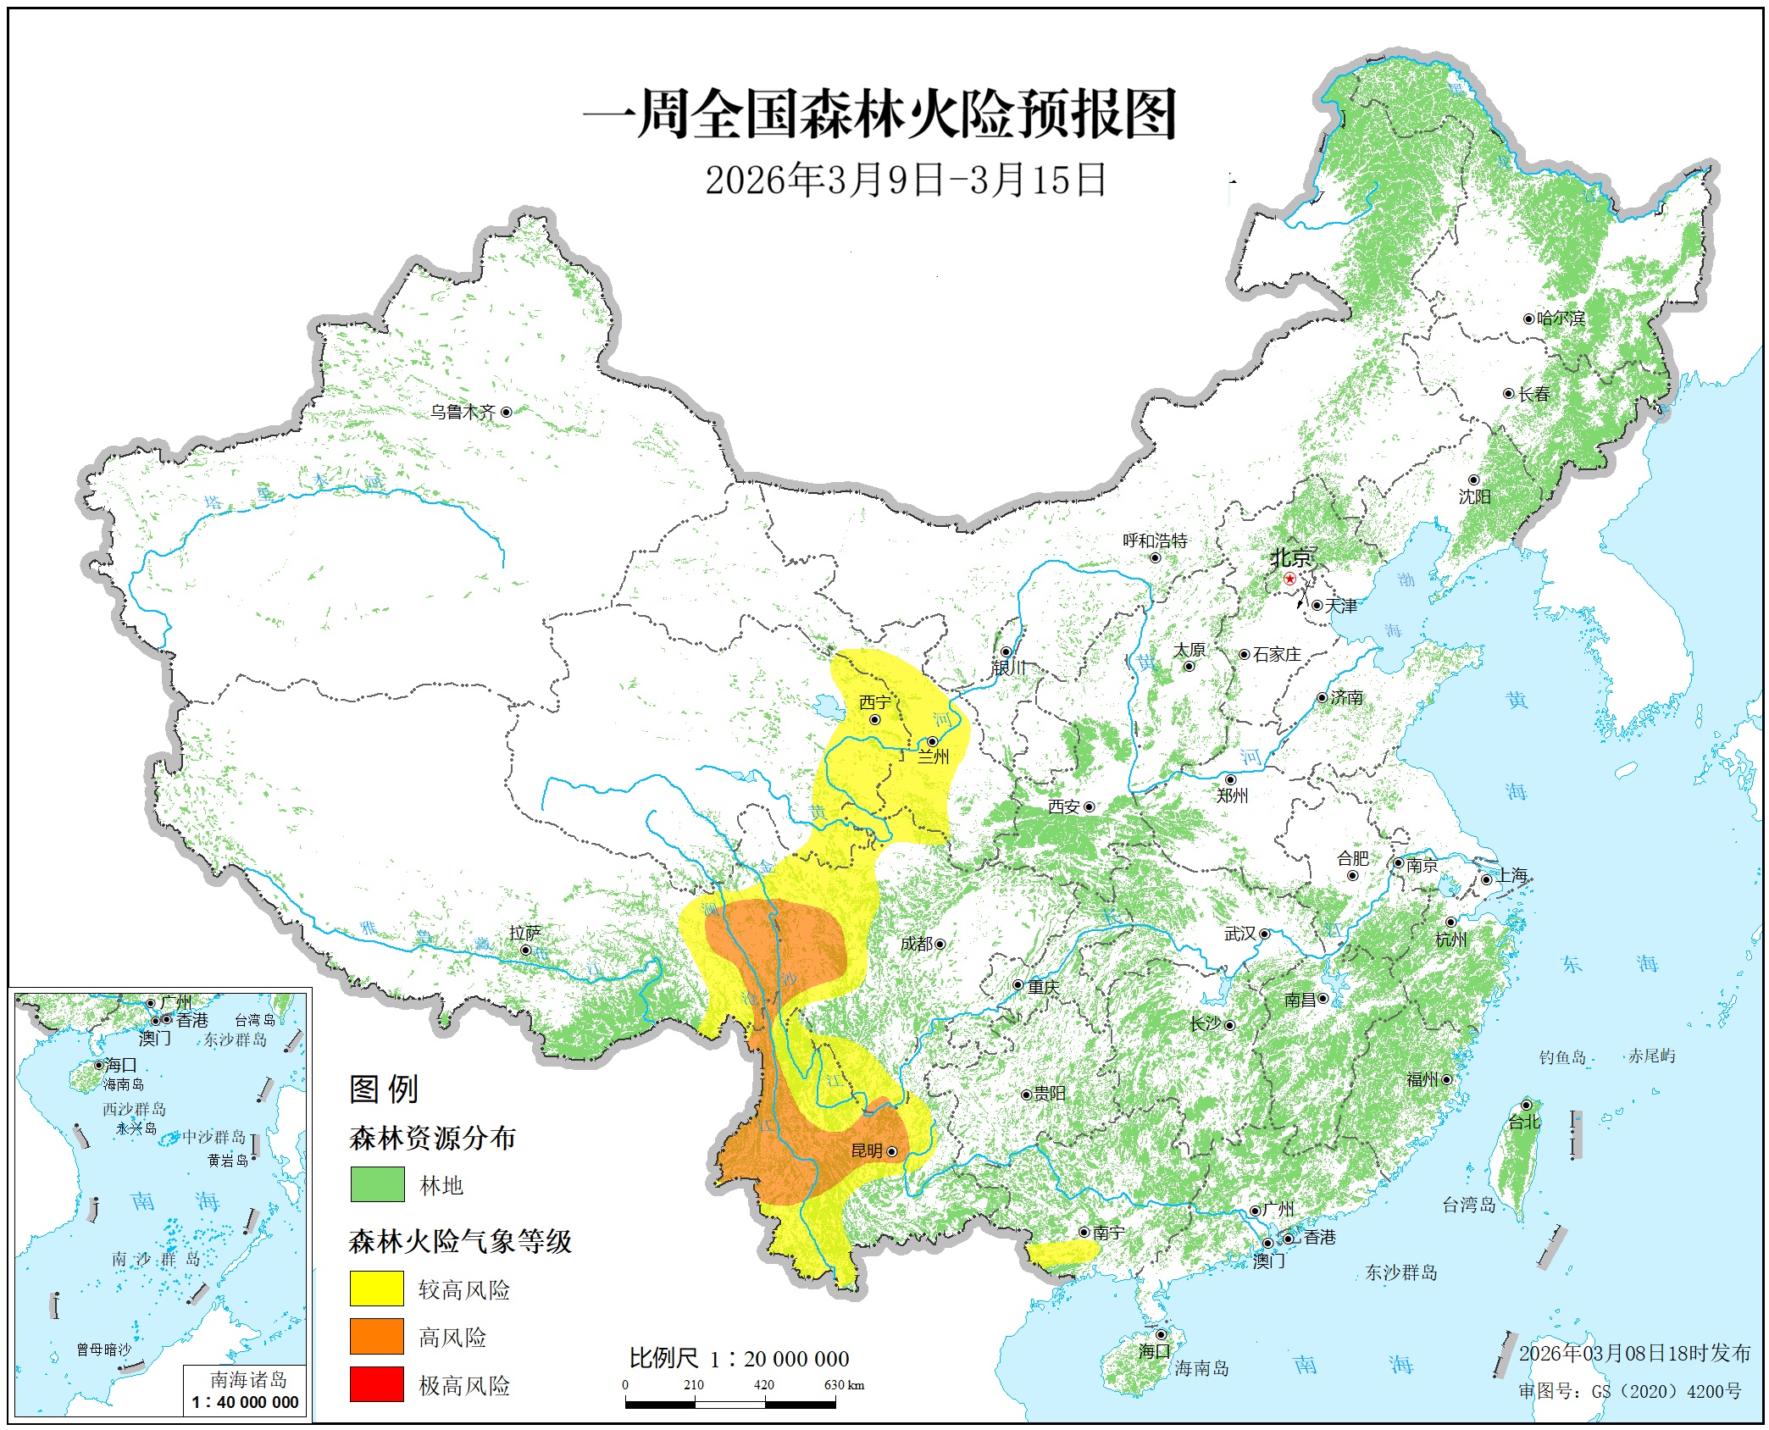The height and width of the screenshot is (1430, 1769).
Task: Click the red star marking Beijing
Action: [x=1289, y=579]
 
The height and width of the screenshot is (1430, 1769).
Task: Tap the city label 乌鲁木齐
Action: [x=463, y=413]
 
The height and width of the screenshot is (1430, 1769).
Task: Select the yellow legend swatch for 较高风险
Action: [x=377, y=1289]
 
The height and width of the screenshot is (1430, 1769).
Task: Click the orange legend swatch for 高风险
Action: [x=377, y=1336]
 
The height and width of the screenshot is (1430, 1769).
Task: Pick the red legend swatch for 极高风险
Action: [x=377, y=1384]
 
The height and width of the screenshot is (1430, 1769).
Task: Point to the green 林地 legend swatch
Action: [x=377, y=1184]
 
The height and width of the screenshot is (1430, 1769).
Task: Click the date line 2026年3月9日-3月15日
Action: [x=906, y=180]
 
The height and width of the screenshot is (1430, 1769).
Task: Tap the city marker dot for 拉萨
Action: [x=525, y=951]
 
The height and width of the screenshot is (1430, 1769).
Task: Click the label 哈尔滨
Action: [x=1561, y=319]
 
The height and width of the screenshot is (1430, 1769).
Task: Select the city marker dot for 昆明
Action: [x=891, y=1151]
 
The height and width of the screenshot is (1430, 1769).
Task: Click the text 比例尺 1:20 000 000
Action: [x=739, y=1359]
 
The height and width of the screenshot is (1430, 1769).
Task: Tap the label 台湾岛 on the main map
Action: [x=1468, y=1205]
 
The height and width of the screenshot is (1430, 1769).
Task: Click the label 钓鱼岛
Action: [x=1562, y=1057]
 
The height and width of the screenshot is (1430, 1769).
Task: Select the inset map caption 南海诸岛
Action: [x=248, y=1379]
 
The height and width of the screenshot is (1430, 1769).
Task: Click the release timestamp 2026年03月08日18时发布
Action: [x=1634, y=1354]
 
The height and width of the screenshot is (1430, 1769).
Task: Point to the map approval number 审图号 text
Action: [x=1629, y=1391]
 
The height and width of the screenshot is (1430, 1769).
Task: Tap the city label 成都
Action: [x=916, y=944]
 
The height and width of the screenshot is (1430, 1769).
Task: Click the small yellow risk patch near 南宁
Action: [x=1062, y=1252]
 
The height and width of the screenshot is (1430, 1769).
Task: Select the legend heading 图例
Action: [x=384, y=1089]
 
